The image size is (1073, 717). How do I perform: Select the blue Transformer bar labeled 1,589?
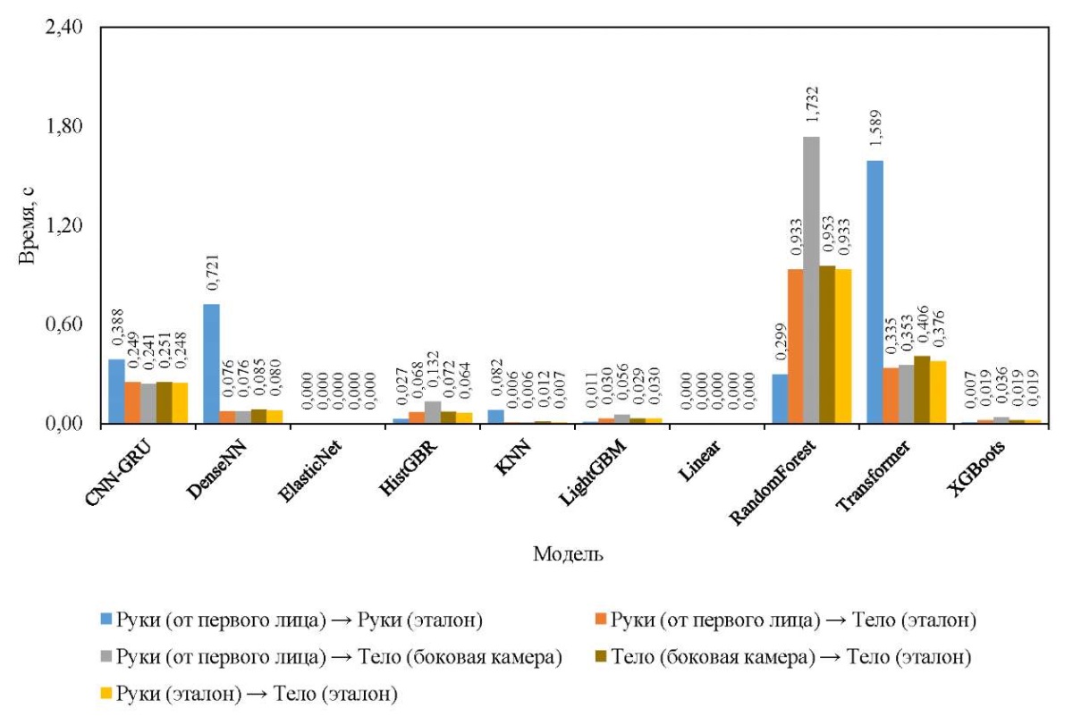[874, 291]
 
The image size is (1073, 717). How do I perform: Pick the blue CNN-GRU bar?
[116, 391]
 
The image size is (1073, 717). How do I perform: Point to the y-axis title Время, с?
[28, 225]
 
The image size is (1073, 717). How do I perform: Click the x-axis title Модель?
[567, 554]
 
